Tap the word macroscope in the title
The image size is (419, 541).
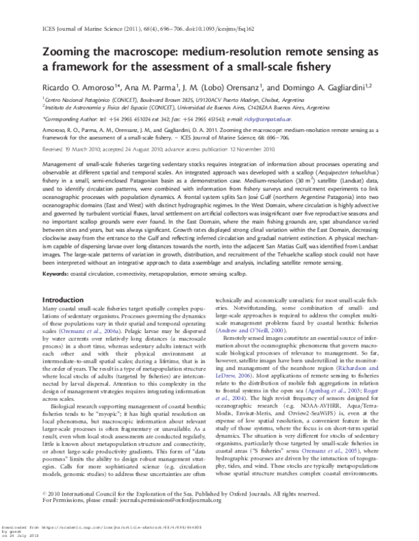pyautogui.click(x=152, y=52)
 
